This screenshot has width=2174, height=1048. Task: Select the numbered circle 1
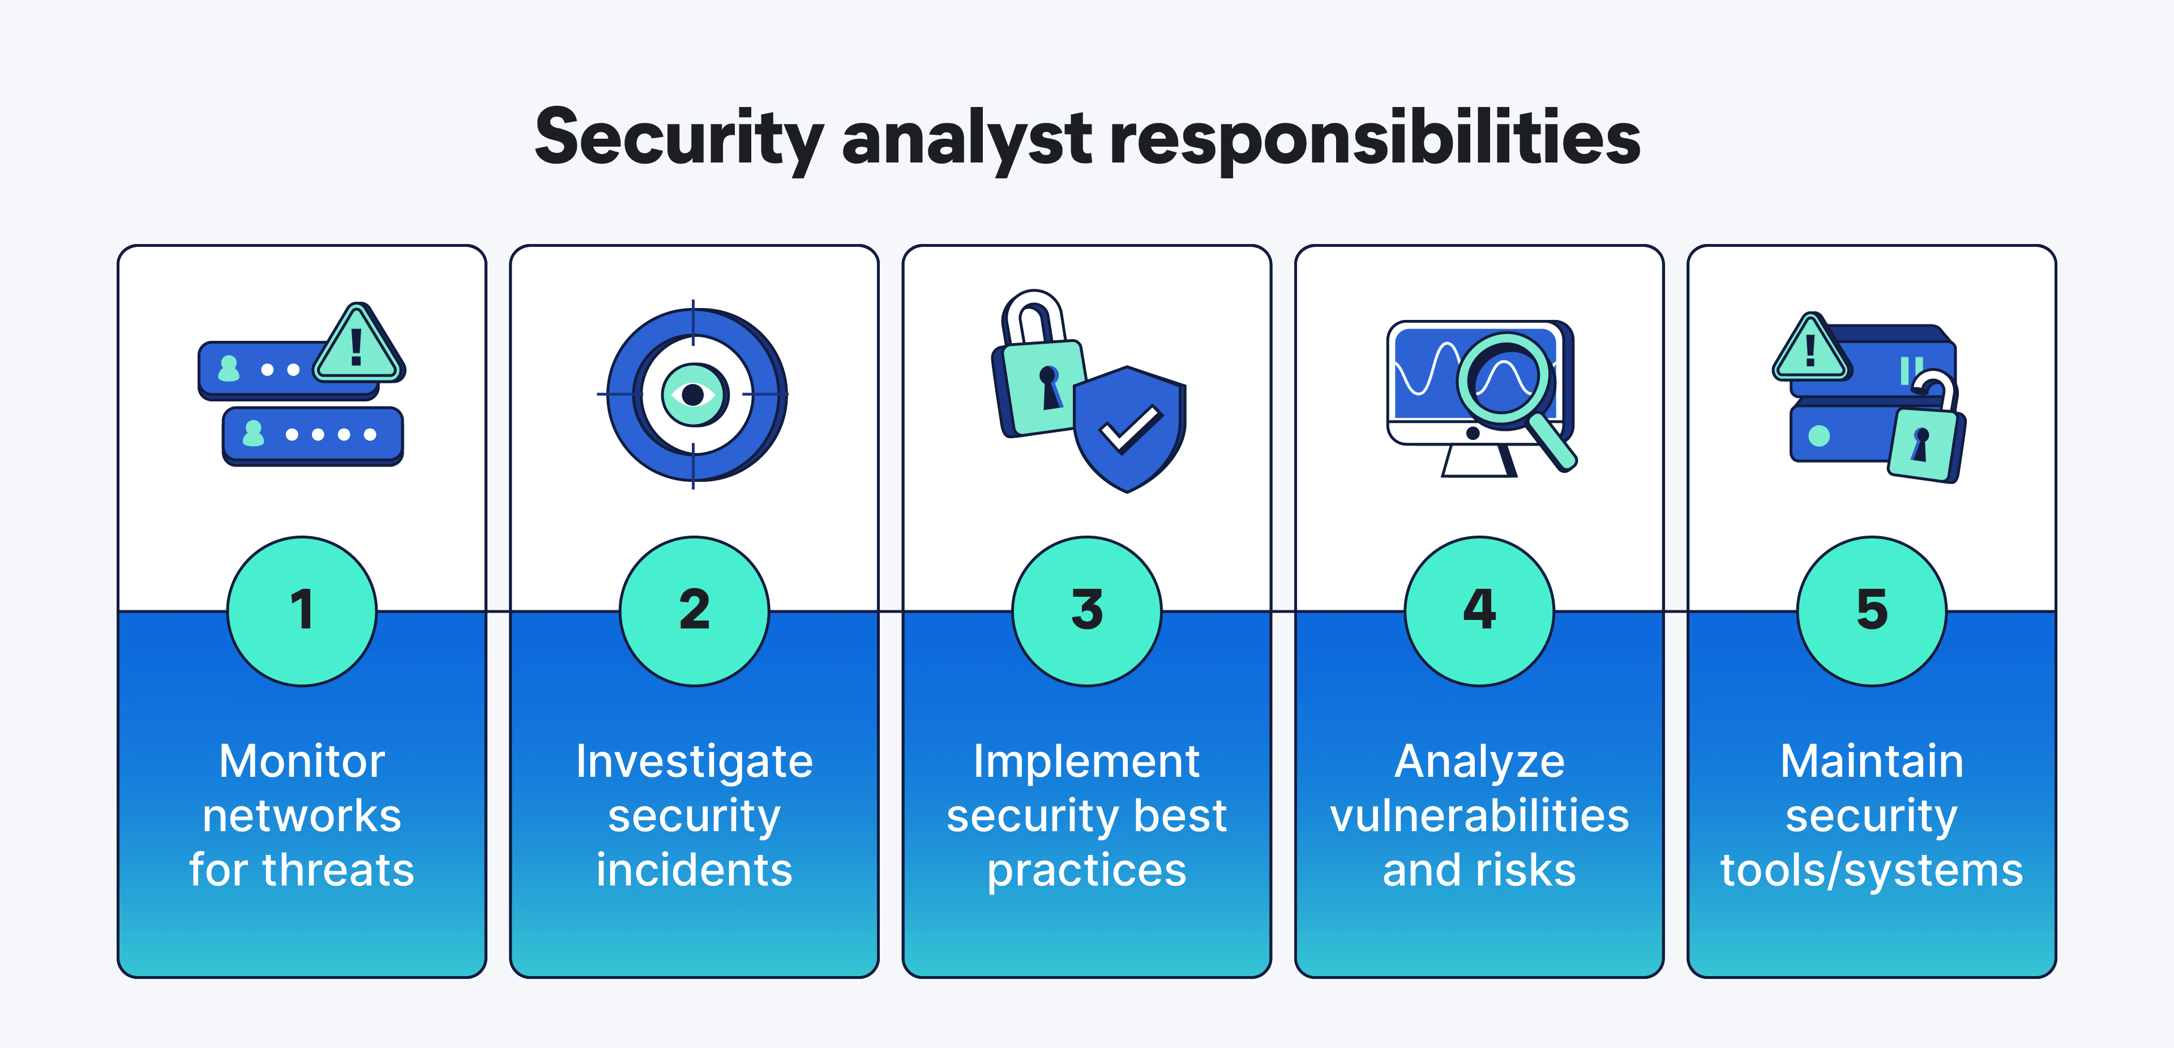click(x=302, y=611)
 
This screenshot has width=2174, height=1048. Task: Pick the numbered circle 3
click(x=1087, y=611)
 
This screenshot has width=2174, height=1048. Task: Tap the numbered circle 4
click(x=1479, y=611)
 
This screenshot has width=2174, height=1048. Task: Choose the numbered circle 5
click(x=1871, y=611)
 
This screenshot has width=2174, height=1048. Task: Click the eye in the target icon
click(x=693, y=394)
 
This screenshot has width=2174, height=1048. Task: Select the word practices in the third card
click(x=1087, y=870)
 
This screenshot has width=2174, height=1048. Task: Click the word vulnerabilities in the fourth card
click(x=1479, y=816)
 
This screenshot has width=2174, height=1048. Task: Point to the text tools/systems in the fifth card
click(x=1871, y=870)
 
